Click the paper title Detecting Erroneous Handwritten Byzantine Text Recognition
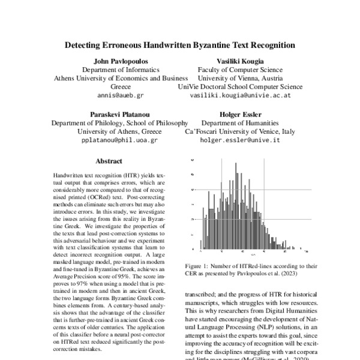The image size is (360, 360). click(x=180, y=45)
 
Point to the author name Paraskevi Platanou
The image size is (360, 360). click(x=119, y=114)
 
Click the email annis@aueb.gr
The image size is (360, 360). click(x=121, y=95)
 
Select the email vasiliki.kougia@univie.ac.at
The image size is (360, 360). click(x=240, y=95)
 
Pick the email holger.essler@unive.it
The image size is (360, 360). click(x=240, y=140)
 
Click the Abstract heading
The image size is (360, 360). click(x=109, y=161)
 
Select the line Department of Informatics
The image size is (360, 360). click(x=121, y=70)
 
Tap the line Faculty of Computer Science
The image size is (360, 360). click(x=240, y=70)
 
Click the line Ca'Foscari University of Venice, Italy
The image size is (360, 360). click(x=240, y=131)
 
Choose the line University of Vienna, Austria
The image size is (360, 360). click(x=240, y=78)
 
